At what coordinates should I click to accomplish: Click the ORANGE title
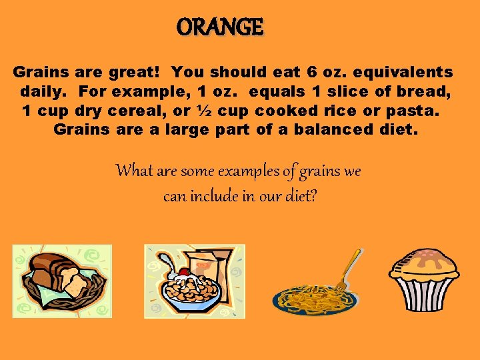click(221, 27)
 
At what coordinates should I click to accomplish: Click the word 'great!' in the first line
click(135, 72)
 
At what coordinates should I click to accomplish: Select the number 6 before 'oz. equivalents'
click(313, 72)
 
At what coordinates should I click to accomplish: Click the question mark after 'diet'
click(313, 197)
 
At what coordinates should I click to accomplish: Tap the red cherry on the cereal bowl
click(184, 273)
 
